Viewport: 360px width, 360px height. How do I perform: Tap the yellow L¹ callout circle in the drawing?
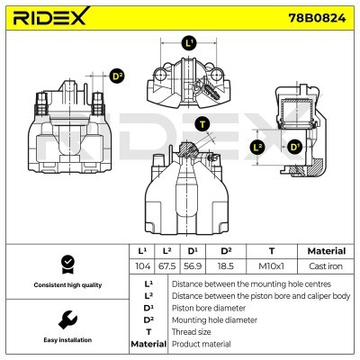tap(188, 42)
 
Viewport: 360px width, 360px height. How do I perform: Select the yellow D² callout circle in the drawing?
tap(117, 77)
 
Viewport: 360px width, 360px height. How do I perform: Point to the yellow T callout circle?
tap(202, 123)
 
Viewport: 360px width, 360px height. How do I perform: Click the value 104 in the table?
tap(141, 267)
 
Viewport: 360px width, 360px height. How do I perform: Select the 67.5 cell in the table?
tap(166, 267)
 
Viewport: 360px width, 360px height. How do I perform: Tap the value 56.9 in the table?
tap(193, 267)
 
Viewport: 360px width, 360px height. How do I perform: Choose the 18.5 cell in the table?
tap(226, 267)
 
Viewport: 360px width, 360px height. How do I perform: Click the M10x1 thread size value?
tap(272, 267)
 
